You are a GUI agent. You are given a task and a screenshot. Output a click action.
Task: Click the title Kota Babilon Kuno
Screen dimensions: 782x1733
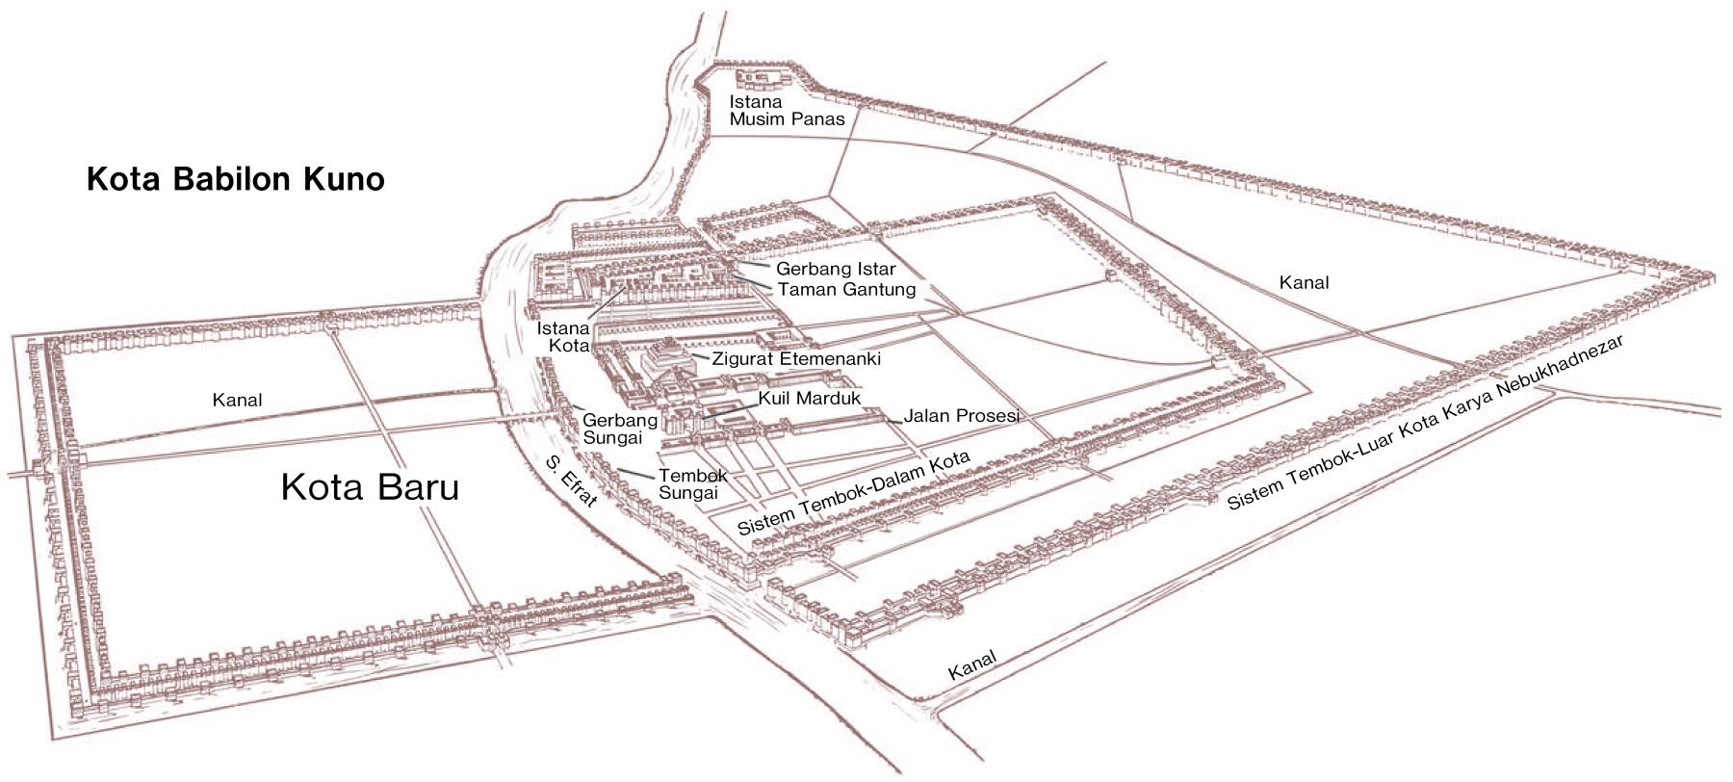click(x=236, y=180)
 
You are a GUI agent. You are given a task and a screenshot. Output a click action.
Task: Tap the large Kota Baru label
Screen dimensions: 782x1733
click(x=370, y=487)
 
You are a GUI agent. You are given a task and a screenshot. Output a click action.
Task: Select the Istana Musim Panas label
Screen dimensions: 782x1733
click(x=787, y=110)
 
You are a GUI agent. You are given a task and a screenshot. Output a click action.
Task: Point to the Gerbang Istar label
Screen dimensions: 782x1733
click(x=836, y=269)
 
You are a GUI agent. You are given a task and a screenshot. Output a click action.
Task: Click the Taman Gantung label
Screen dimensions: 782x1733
click(x=846, y=289)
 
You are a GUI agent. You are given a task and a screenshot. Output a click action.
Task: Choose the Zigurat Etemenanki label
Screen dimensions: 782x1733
click(x=796, y=359)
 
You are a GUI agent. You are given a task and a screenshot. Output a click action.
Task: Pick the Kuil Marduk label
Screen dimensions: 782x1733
click(x=809, y=398)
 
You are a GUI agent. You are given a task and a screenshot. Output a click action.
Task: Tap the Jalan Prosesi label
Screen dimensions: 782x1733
click(x=961, y=416)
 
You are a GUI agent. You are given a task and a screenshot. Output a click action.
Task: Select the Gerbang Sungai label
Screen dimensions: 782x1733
click(x=620, y=429)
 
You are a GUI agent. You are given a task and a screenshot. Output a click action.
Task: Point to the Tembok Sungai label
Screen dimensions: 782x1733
click(x=692, y=483)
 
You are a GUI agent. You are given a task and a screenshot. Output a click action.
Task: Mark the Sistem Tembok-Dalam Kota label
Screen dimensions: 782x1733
click(x=852, y=492)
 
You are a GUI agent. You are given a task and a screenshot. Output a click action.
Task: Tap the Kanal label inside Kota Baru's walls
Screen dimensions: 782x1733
click(x=237, y=400)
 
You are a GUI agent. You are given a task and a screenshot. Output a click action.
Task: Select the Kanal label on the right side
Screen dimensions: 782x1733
click(x=1304, y=282)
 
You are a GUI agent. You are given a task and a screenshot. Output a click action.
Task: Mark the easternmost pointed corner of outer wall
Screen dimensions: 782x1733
click(x=1716, y=273)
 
